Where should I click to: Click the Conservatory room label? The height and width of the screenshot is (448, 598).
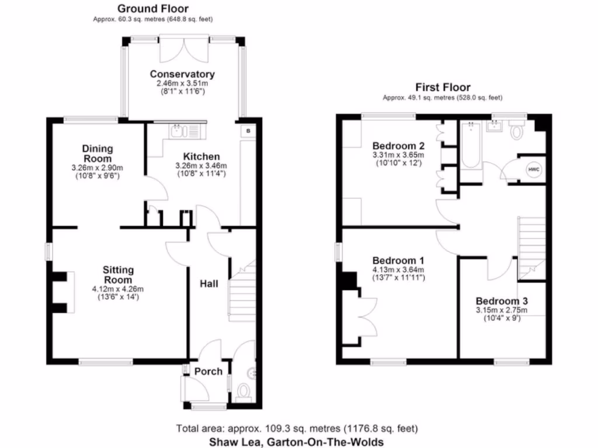pyautogui.click(x=182, y=74)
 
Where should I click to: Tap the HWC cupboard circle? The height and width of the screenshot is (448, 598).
pyautogui.click(x=533, y=170)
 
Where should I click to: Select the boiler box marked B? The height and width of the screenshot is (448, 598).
pyautogui.click(x=248, y=131)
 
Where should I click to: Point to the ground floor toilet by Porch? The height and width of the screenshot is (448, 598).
pyautogui.click(x=244, y=391)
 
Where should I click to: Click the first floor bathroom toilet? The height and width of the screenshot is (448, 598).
pyautogui.click(x=517, y=131)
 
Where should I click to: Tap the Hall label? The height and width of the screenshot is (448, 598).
pyautogui.click(x=209, y=283)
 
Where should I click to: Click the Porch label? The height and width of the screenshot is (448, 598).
pyautogui.click(x=208, y=371)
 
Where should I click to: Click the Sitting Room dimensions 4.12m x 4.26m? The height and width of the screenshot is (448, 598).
pyautogui.click(x=118, y=289)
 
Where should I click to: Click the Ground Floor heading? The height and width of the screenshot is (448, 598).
pyautogui.click(x=152, y=8)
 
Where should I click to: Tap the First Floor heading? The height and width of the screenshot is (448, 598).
pyautogui.click(x=442, y=87)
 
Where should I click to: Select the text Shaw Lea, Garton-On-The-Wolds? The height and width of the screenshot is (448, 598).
pyautogui.click(x=296, y=442)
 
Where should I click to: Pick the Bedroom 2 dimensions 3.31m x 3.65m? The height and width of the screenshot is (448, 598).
pyautogui.click(x=398, y=156)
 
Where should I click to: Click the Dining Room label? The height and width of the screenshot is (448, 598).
pyautogui.click(x=97, y=153)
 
